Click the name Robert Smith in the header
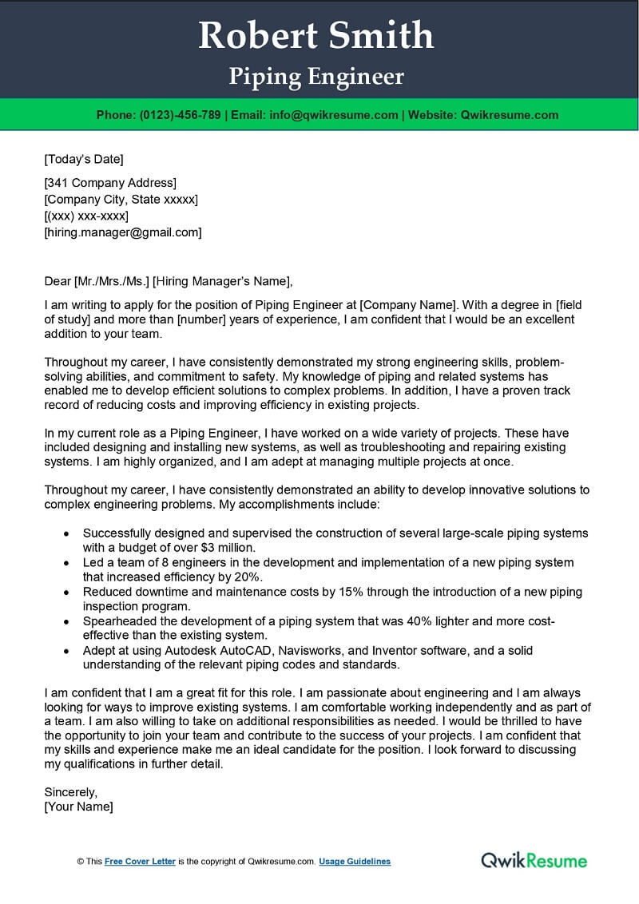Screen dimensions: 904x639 point(316,36)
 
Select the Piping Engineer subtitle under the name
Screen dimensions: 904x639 point(316,77)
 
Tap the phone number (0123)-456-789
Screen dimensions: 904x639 point(180,115)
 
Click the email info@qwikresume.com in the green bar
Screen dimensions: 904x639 point(333,115)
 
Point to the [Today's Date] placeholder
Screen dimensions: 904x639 point(84,158)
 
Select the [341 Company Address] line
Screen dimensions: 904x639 point(110,183)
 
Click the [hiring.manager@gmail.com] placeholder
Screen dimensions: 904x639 point(123,232)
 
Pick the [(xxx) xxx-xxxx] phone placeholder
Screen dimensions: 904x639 point(86,216)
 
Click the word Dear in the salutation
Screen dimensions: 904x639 point(58,280)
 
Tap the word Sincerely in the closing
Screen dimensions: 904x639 point(70,792)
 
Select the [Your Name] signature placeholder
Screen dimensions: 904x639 point(78,807)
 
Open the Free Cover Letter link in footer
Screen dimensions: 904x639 point(140,862)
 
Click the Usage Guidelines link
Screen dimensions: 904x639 point(355,862)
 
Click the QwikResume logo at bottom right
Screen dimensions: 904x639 point(534,860)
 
